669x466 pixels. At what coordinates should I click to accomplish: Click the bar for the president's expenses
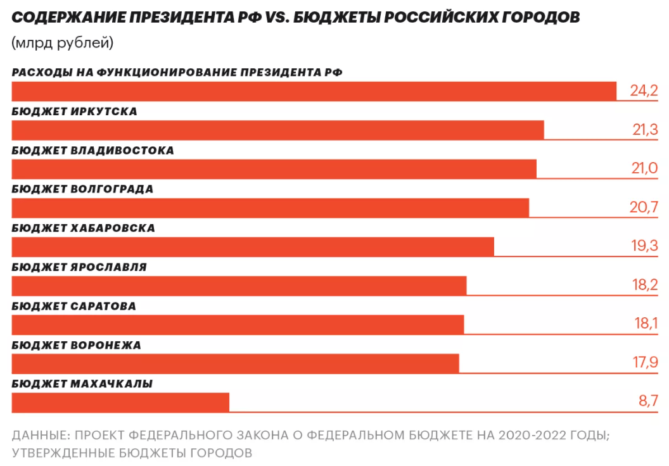314,91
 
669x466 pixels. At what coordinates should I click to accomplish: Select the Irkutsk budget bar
277,130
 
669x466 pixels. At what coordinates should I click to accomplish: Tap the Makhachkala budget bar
120,403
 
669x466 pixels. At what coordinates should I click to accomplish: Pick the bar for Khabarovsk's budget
253,247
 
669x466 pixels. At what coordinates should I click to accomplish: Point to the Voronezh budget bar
235,363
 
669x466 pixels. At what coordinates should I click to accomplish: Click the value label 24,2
644,91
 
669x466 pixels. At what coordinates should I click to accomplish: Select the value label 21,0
645,170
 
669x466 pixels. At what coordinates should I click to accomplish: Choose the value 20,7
645,208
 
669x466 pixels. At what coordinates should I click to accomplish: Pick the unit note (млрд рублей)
62,44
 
